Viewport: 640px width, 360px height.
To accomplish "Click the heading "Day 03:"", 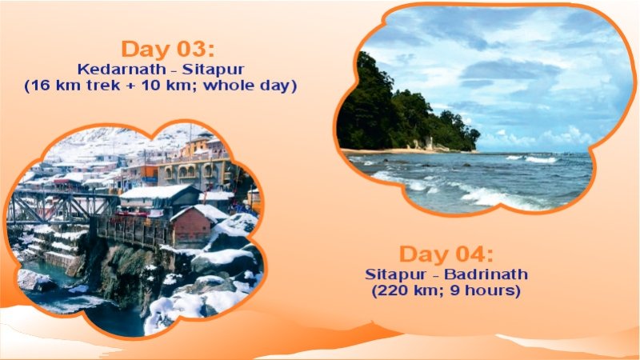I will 168,48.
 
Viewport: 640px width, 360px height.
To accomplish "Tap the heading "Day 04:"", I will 446,255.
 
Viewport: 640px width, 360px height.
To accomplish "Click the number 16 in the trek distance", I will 41,86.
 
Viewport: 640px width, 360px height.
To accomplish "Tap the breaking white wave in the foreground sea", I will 496,196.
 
